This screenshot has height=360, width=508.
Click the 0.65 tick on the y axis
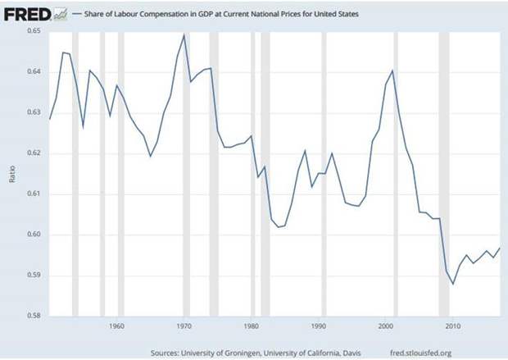tap(33, 30)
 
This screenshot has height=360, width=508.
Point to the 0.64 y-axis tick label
tap(33, 71)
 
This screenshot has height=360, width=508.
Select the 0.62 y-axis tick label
tap(33, 153)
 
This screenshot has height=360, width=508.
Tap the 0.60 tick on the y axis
tap(33, 235)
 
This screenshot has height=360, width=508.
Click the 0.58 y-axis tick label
tap(33, 316)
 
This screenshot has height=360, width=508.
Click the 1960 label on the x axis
tap(116, 326)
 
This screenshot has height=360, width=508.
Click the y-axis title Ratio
tap(12, 173)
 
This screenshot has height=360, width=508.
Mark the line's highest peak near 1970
tap(184, 34)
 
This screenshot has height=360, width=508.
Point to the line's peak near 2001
tap(393, 71)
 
